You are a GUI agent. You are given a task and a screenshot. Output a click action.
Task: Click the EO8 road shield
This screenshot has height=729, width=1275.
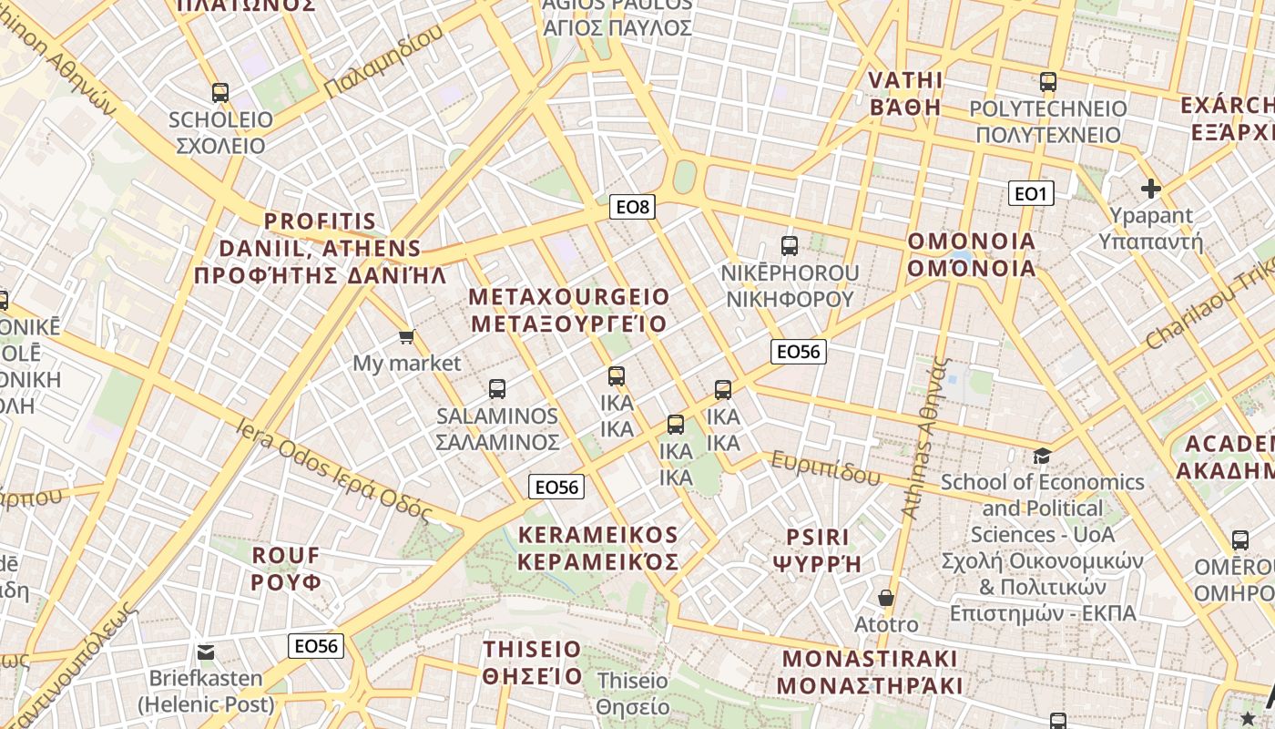[632, 207]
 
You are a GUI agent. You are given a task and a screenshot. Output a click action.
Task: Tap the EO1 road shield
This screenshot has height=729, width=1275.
[1031, 193]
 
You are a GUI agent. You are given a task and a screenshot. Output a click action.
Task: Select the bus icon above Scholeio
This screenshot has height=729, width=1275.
[219, 92]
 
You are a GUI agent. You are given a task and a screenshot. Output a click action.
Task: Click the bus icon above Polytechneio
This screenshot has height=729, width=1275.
[1047, 82]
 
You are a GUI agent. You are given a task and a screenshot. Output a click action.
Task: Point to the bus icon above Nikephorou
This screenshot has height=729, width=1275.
[790, 245]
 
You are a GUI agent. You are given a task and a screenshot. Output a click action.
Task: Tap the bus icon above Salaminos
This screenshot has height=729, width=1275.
[496, 389]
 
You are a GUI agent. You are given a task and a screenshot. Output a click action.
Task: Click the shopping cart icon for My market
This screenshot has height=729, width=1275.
[407, 337]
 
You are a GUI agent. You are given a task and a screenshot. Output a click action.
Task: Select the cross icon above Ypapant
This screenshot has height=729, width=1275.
[1151, 189]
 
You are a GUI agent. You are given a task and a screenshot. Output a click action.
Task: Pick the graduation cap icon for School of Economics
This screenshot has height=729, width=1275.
[1042, 455]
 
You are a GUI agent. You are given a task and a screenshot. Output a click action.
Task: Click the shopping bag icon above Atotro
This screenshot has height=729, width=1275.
[885, 598]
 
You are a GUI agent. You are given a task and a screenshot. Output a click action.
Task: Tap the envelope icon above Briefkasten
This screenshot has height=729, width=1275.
[206, 652]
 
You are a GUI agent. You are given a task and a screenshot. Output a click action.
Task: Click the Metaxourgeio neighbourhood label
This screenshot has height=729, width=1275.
[568, 310]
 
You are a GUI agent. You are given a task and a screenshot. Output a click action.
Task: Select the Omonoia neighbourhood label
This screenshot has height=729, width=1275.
[972, 255]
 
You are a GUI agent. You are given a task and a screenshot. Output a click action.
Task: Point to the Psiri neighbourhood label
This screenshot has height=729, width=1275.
[816, 549]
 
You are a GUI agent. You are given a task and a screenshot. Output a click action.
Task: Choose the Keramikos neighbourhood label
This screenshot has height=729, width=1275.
[598, 548]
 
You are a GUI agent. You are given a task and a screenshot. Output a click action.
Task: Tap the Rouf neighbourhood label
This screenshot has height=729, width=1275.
[286, 568]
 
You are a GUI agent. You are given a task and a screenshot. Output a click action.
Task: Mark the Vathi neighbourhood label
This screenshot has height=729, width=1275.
[904, 93]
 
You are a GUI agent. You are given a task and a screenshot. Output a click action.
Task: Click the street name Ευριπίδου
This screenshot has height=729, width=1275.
[825, 468]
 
